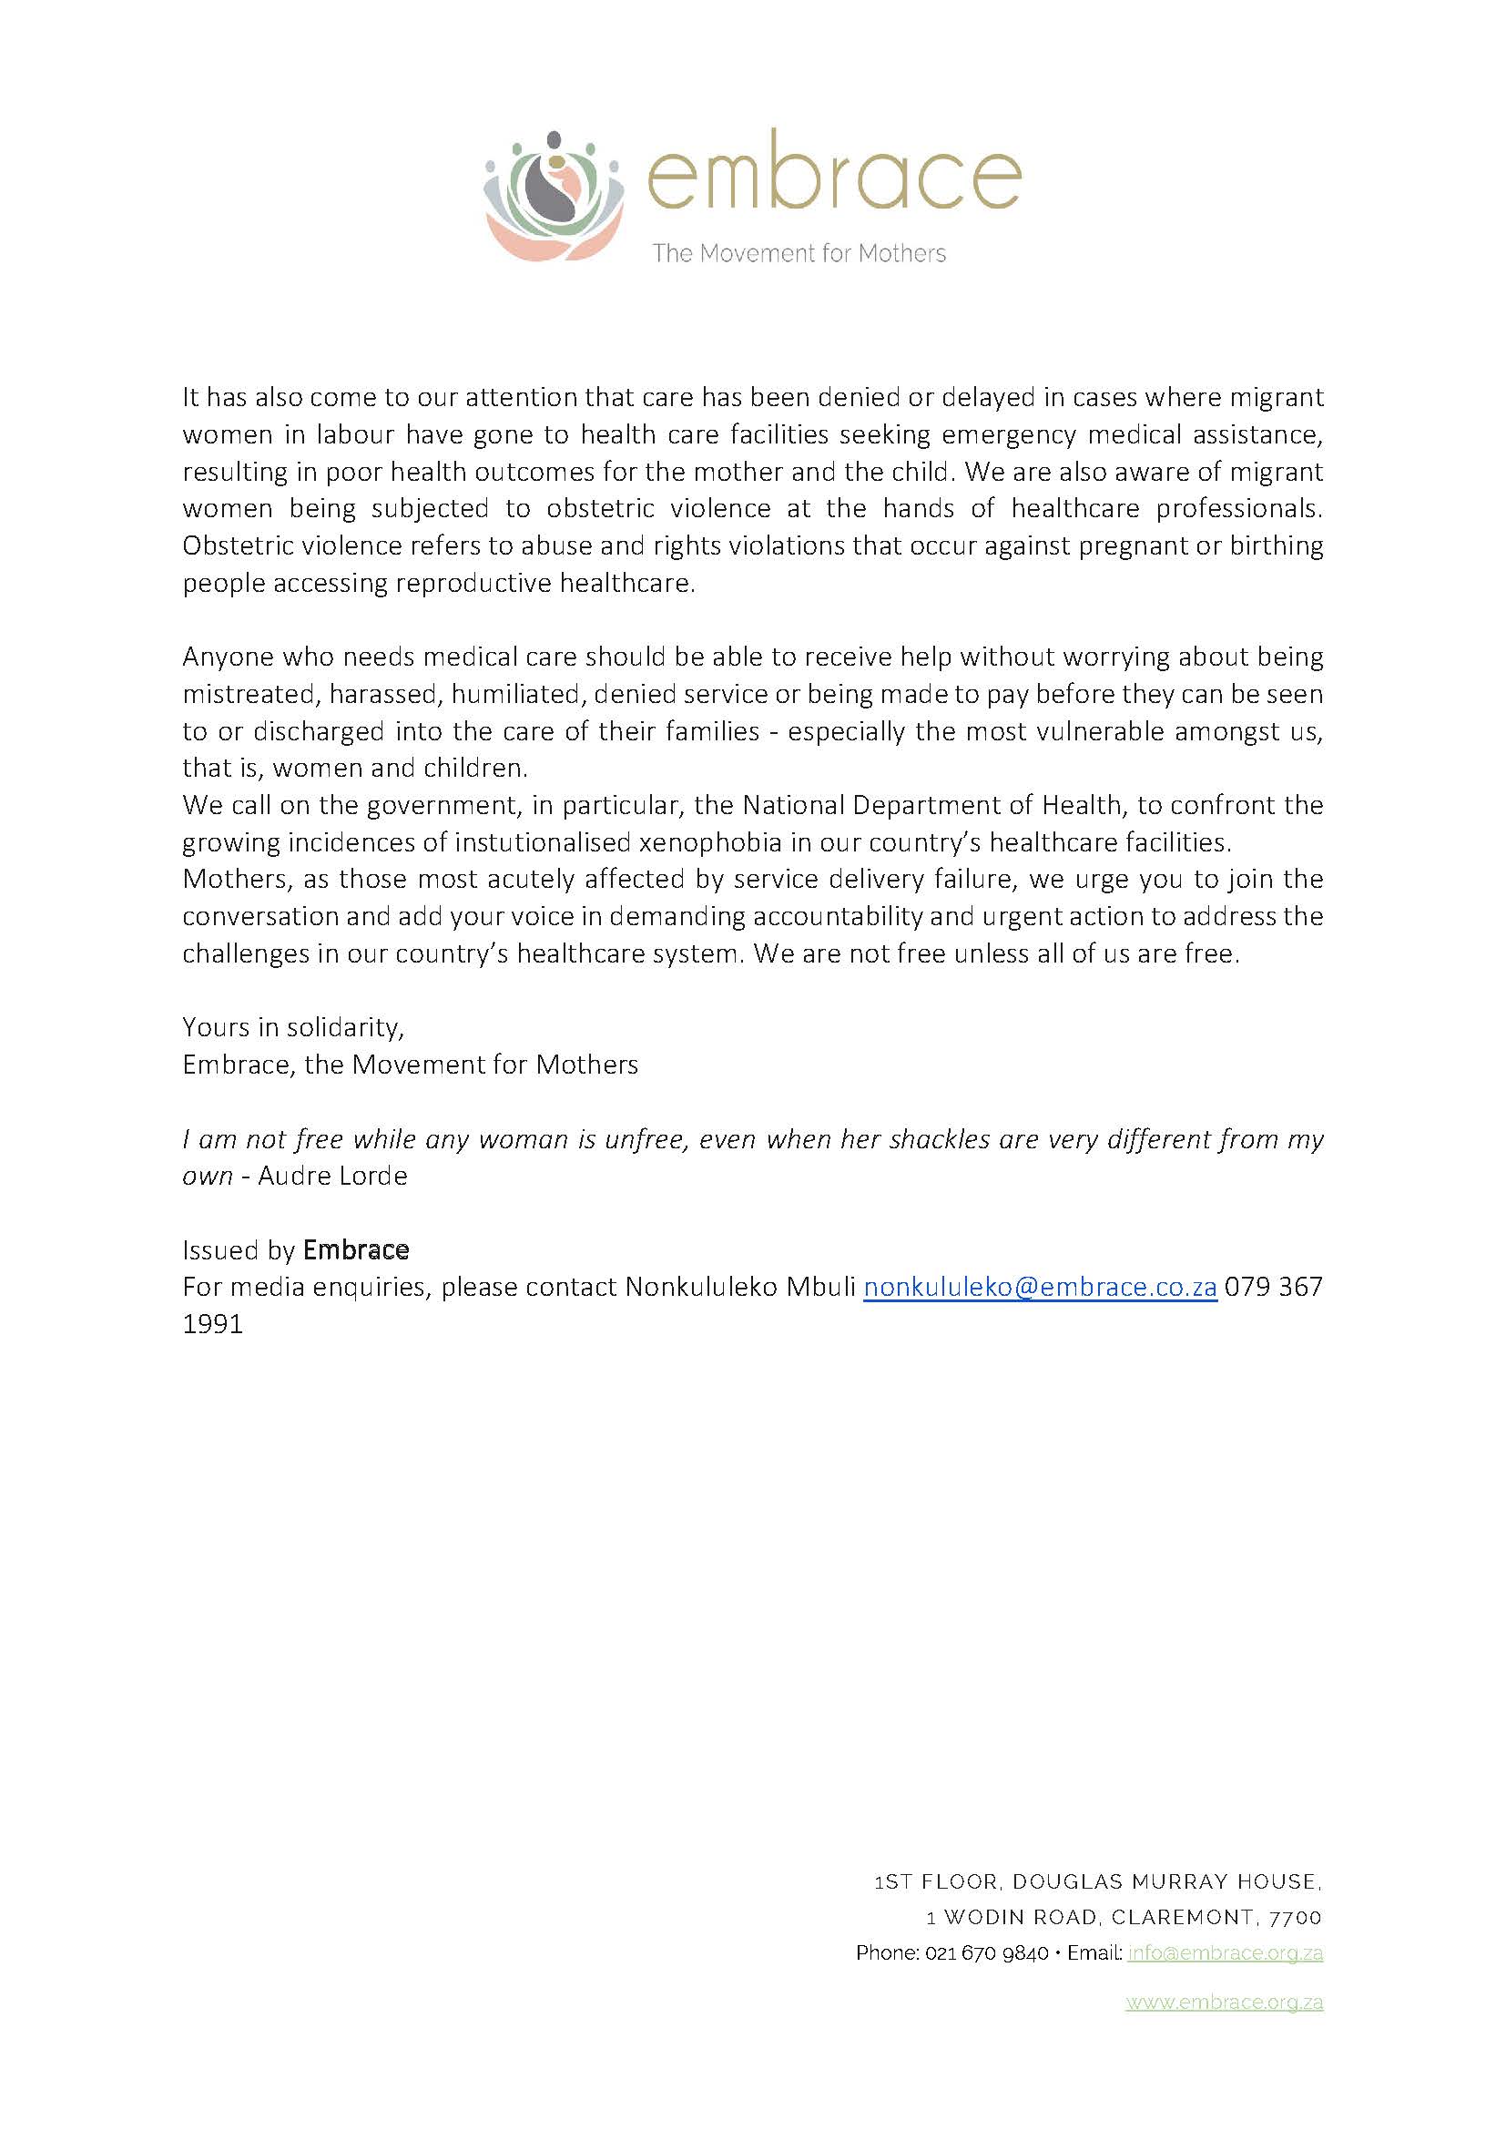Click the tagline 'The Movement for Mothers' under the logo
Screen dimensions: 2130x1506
(x=799, y=253)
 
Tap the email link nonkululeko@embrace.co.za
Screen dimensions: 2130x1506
(x=1040, y=1288)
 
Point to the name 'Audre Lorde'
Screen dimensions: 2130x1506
(x=333, y=1177)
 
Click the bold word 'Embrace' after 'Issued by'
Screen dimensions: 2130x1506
(x=356, y=1250)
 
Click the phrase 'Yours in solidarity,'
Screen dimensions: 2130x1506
(x=293, y=1027)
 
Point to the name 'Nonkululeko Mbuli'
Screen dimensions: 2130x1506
(x=740, y=1288)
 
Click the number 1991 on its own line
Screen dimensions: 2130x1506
(x=212, y=1325)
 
